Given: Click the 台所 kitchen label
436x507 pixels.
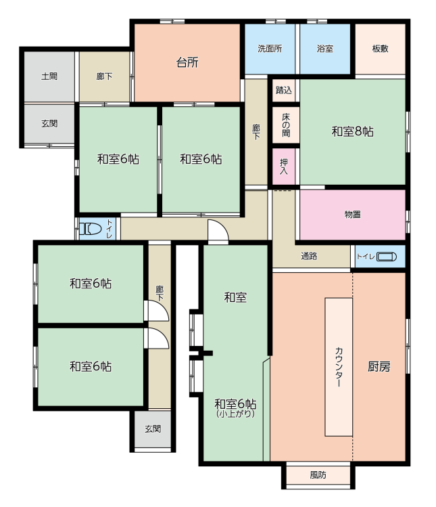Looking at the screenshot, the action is coord(187,62).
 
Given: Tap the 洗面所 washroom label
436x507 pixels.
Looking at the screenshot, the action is coord(270,49).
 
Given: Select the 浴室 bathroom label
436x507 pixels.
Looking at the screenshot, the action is coord(325,49).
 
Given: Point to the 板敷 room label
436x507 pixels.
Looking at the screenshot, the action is coord(380,49).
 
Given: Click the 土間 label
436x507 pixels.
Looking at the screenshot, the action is coord(49,76).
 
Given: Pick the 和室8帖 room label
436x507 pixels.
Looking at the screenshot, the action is coord(353,131).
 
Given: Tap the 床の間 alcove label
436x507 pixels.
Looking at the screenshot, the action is coord(286,125).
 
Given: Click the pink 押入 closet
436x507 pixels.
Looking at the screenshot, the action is coord(283,167).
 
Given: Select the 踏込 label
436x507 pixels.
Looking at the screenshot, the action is coord(284,90).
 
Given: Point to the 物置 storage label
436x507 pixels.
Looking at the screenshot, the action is coord(352,215).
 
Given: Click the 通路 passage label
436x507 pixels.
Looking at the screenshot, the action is coord(309,256).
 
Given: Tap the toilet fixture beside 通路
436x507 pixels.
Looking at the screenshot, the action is coord(386,257).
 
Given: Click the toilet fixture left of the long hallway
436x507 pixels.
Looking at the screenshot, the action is coord(91,229).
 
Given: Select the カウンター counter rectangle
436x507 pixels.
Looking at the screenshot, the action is coord(339,367).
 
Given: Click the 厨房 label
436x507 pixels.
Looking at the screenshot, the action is coord(379,367).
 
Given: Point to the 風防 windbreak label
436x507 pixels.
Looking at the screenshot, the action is coord(318,475).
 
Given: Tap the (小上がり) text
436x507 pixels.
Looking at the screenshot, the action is coord(236,414).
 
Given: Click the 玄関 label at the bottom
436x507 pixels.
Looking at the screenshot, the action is coord(153,428).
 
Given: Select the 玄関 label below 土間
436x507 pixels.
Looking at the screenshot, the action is coord(49,123).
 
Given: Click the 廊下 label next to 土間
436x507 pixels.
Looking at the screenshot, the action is coord(104,76).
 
